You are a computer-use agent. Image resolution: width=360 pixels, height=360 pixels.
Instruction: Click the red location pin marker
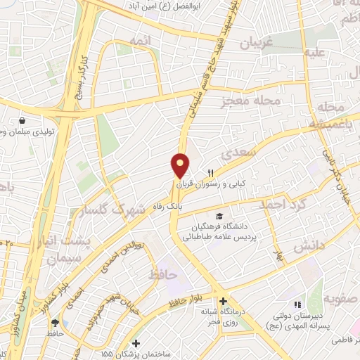click(181, 166)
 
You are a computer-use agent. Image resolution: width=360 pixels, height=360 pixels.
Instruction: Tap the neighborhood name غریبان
click(255, 43)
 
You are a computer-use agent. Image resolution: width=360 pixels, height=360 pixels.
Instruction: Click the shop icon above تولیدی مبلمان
click(22, 121)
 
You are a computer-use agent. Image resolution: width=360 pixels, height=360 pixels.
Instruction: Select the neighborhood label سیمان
click(65, 259)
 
